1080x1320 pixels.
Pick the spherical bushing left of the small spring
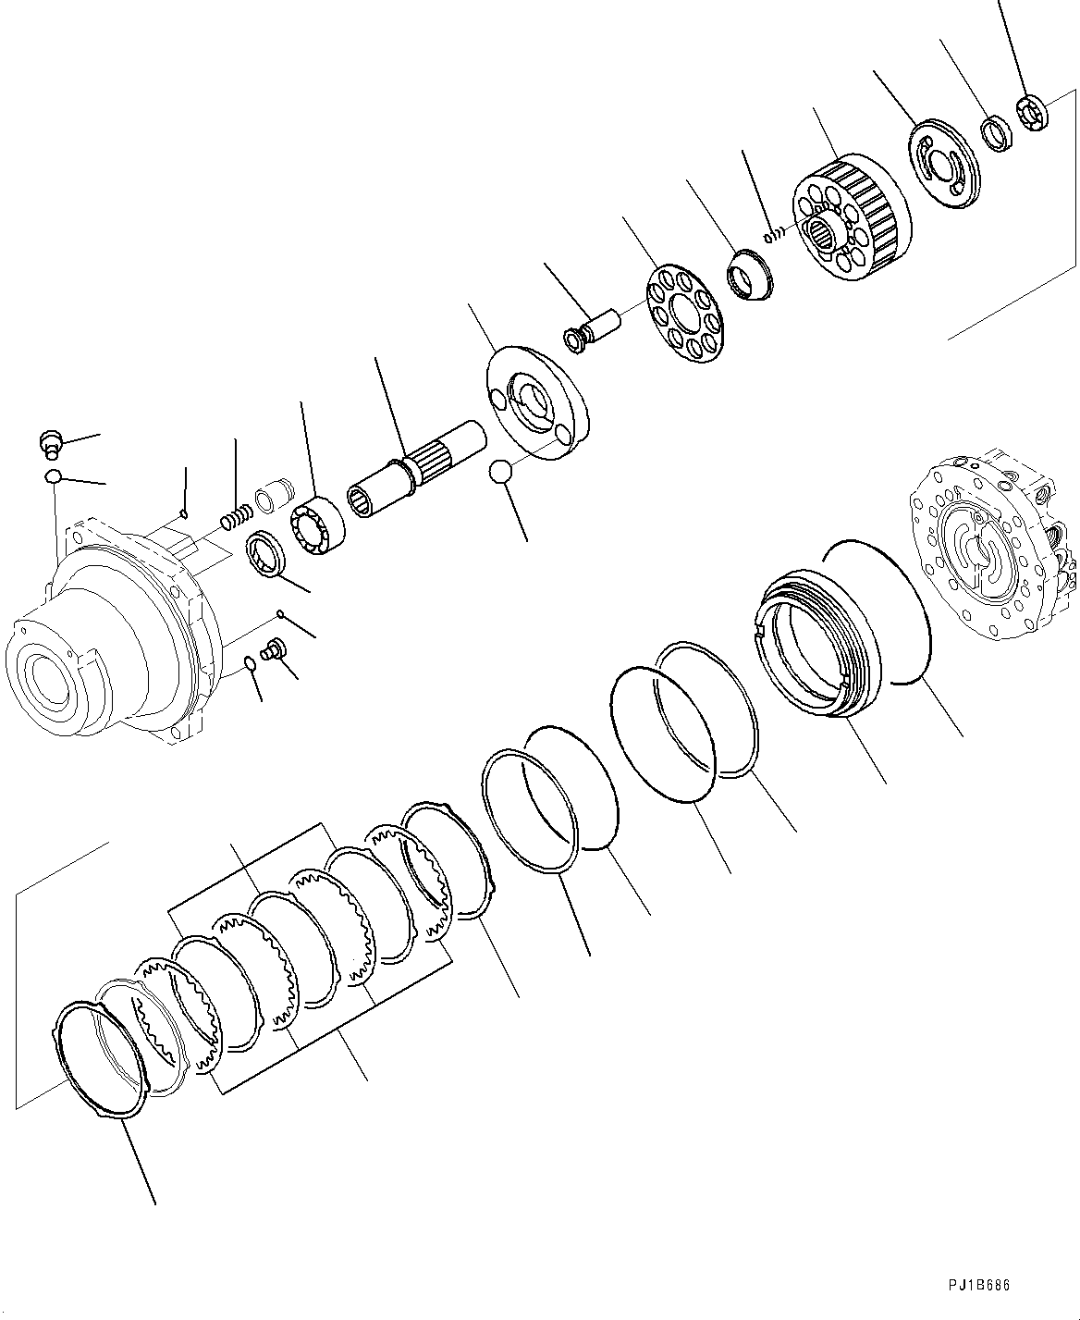(x=748, y=275)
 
